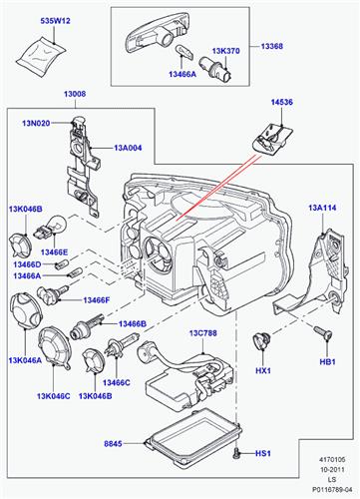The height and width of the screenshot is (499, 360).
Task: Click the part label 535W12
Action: (40, 18)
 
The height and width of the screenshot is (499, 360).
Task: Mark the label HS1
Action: (263, 454)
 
